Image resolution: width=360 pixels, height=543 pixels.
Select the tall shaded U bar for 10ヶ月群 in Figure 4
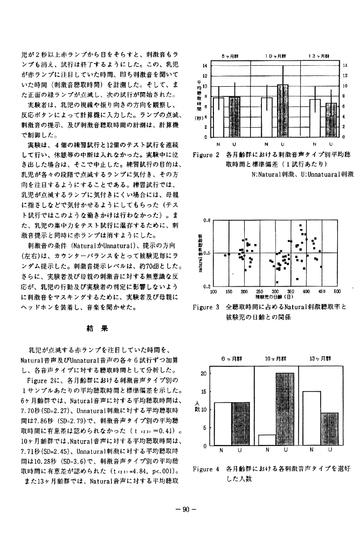point(285,409)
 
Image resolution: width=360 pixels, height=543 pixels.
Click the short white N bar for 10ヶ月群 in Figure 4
point(266,440)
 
